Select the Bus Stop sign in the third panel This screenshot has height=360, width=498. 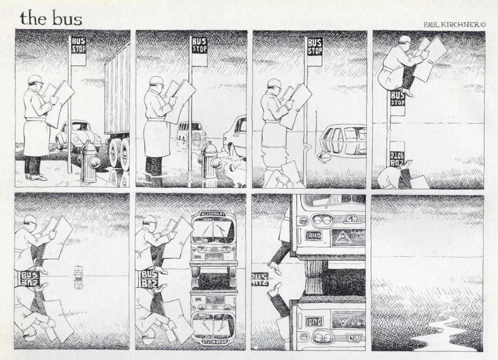pos(315,46)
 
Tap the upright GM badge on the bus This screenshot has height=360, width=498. pos(351,219)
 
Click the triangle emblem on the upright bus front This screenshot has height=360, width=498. pos(343,237)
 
